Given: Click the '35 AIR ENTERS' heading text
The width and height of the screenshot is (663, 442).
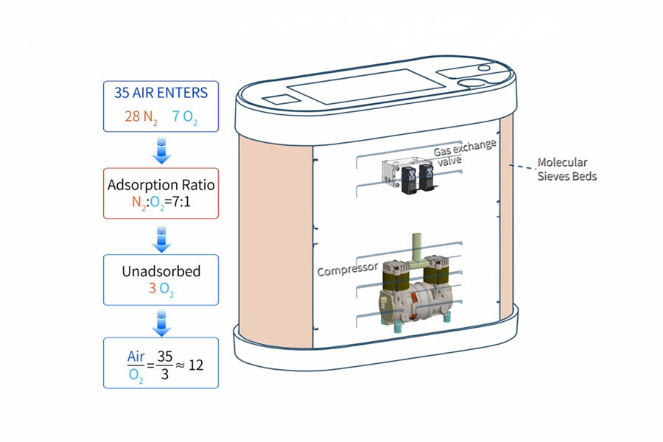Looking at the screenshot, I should pyautogui.click(x=161, y=93).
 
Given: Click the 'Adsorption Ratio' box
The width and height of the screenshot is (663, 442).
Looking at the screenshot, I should pyautogui.click(x=161, y=193).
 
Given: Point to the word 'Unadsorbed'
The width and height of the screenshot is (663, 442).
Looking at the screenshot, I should pyautogui.click(x=161, y=271).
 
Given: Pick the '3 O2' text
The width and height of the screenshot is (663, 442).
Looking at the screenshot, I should pyautogui.click(x=161, y=289).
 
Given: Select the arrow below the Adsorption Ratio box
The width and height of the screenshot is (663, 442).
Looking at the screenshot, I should pyautogui.click(x=161, y=237).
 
